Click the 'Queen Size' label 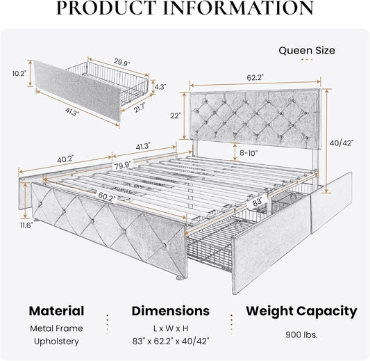click(x=308, y=50)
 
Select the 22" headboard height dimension click(x=175, y=115)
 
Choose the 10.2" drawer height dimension click(x=19, y=72)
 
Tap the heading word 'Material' click(x=57, y=311)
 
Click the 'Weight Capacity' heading click(x=303, y=311)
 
